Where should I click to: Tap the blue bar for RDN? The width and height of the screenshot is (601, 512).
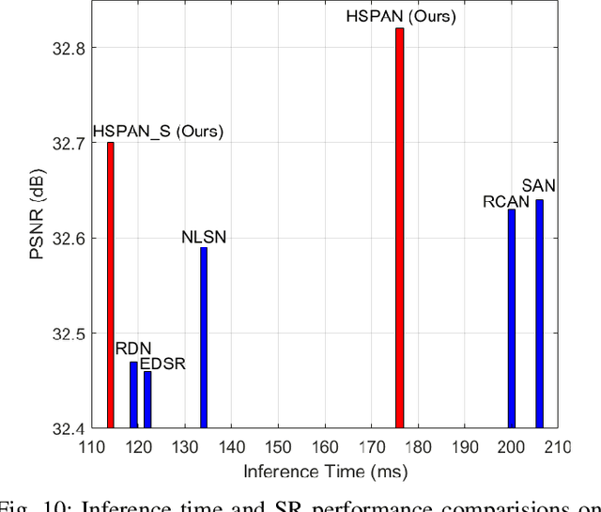(133, 395)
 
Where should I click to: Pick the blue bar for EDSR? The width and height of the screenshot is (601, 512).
(147, 399)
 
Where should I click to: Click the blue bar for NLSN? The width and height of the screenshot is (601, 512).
(204, 338)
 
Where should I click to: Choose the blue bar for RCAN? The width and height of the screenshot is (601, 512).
(511, 318)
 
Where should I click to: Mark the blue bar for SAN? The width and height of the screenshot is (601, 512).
(539, 314)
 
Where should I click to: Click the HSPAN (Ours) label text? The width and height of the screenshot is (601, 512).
(399, 16)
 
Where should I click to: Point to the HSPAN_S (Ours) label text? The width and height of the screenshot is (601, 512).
(157, 131)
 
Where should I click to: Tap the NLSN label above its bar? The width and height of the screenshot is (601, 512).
(204, 236)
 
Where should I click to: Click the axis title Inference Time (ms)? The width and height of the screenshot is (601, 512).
(325, 471)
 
